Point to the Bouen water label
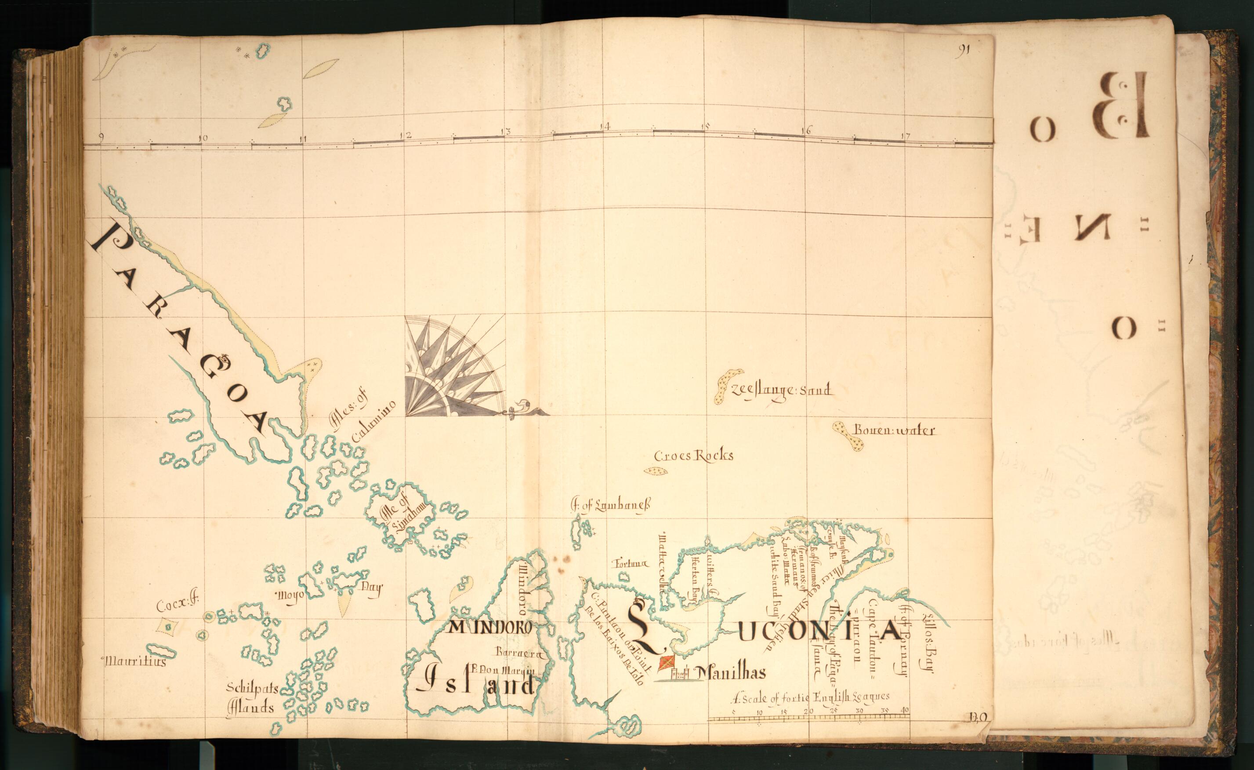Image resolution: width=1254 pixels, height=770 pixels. click(x=894, y=431)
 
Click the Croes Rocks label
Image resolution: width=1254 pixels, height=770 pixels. click(x=694, y=456)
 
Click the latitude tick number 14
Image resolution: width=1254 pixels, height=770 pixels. click(x=605, y=126)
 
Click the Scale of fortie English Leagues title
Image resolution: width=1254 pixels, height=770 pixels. click(x=811, y=698)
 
